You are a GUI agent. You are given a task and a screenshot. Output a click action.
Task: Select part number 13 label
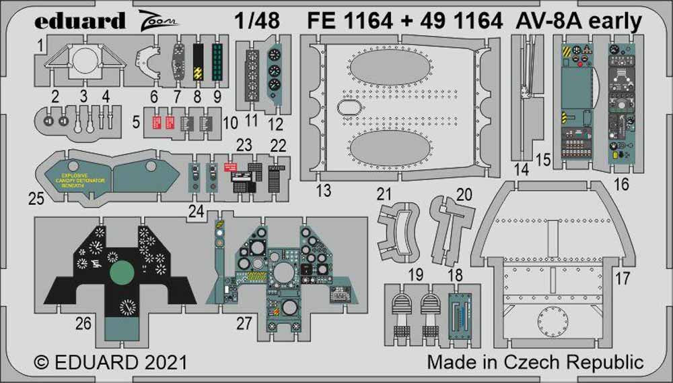(x=324, y=191)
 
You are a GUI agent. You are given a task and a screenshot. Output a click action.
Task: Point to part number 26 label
(x=83, y=324)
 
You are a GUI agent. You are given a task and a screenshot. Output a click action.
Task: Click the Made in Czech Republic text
(x=535, y=362)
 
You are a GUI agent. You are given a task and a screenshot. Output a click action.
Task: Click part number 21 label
(x=384, y=195)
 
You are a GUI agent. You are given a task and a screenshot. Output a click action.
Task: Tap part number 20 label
(x=464, y=195)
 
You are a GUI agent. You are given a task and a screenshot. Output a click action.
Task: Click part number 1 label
(x=41, y=47)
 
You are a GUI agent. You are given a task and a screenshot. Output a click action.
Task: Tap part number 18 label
(x=456, y=275)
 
